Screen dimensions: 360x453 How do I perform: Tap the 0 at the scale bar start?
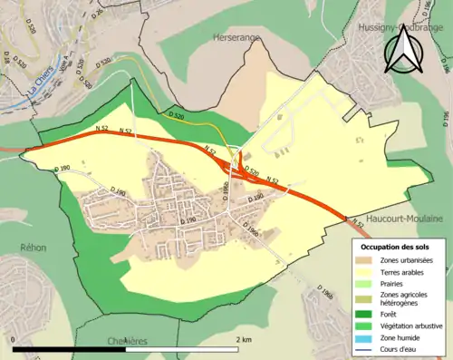click(14, 339)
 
